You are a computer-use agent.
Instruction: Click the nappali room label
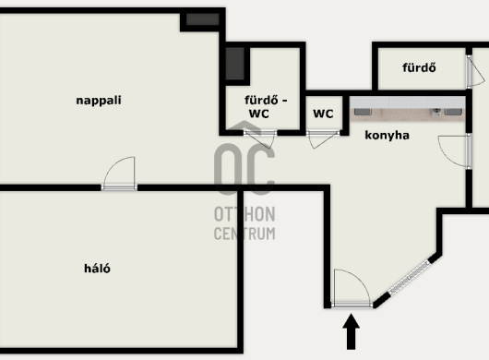tap(99, 101)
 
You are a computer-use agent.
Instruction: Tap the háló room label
tap(97, 269)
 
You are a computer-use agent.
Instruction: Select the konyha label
tap(387, 136)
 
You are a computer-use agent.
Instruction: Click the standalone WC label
tap(323, 114)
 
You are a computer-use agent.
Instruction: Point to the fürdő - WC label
tap(266, 107)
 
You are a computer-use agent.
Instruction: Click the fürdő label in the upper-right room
tap(419, 67)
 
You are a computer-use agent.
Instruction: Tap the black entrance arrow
tap(352, 331)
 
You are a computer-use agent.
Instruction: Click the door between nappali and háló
tap(119, 174)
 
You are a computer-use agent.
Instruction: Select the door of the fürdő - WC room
tap(259, 138)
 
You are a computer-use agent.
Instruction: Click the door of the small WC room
tap(323, 138)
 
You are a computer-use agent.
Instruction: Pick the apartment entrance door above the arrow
tap(352, 289)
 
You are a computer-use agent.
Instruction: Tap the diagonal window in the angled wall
tap(409, 278)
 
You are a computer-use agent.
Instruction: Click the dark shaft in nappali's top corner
tap(203, 19)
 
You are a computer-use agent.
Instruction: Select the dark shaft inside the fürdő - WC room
tap(235, 64)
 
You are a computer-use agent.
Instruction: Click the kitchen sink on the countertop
tap(436, 112)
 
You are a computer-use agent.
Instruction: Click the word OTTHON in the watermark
tap(244, 214)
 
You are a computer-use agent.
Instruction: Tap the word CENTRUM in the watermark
tap(244, 234)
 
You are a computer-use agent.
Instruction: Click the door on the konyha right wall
tap(455, 151)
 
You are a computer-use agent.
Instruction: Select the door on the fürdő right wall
tap(475, 71)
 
